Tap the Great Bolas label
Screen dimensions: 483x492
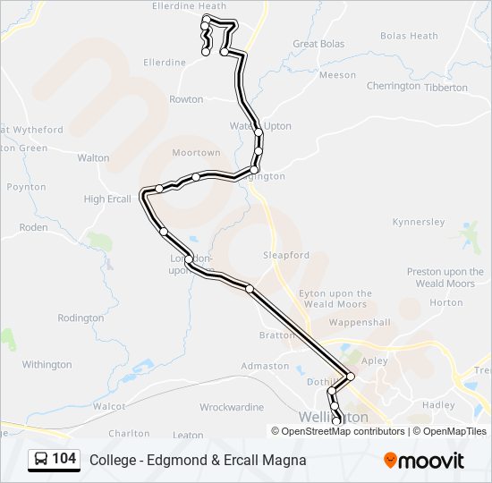coord(318,44)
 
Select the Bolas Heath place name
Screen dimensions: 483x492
coord(409,36)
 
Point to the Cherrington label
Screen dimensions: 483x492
coord(393,86)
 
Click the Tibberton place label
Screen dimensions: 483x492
coord(445,88)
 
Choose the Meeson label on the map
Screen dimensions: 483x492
coord(337,75)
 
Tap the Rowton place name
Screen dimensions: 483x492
coord(186,99)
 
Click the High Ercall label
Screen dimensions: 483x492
coord(107,199)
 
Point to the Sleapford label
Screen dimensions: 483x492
coord(286,255)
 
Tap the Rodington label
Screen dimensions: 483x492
coord(81,318)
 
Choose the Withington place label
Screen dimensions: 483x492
coord(47,364)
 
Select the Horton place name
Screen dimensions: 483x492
coord(446,302)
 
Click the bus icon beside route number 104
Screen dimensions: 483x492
coord(41,460)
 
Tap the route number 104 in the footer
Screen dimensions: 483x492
coord(64,460)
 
